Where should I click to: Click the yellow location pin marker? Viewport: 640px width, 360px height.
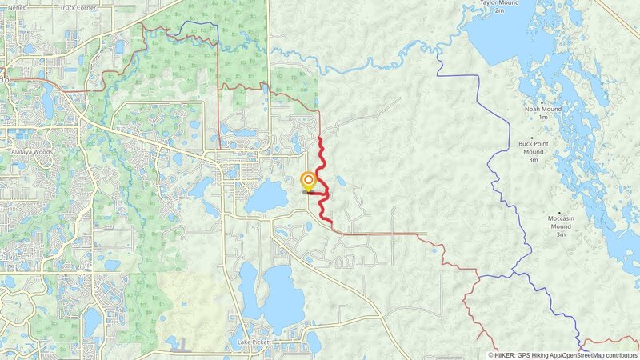pos(308,181)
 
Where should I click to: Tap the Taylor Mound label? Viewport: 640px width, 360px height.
pos(499,3)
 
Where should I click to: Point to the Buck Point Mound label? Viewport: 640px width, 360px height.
pos(533,147)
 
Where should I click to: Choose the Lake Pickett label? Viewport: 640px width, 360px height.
pos(254,342)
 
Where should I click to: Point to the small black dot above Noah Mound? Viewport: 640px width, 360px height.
pos(543,102)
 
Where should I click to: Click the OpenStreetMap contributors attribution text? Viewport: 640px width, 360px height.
pos(594,354)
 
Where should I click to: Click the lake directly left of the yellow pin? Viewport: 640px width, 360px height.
pos(266,196)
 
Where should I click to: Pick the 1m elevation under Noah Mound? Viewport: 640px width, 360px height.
pos(543,118)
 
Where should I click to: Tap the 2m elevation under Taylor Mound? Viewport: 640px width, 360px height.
pos(499,11)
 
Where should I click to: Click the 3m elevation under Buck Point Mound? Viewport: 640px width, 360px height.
pos(533,160)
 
